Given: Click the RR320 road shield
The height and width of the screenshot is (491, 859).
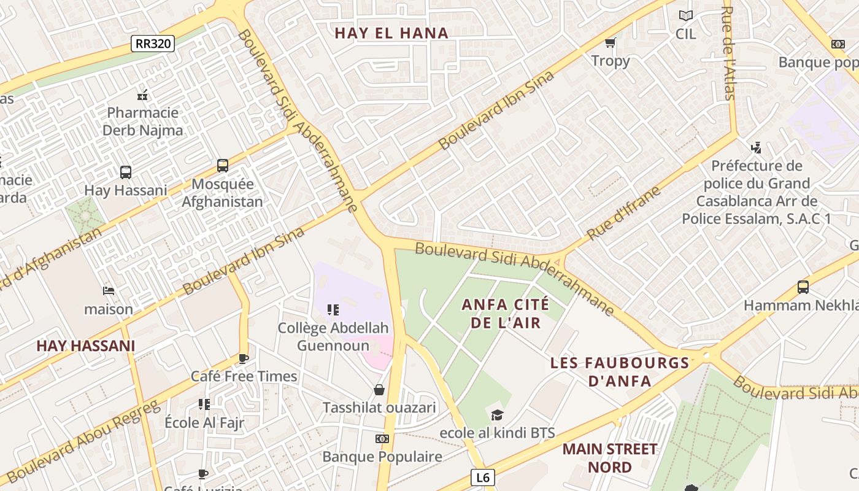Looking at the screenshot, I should (x=153, y=44).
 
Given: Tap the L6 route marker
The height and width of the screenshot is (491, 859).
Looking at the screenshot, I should (x=482, y=477).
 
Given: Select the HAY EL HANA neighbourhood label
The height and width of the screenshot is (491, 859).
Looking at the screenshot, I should (x=391, y=33).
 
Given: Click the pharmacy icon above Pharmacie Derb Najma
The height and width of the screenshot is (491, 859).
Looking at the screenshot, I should (x=142, y=95).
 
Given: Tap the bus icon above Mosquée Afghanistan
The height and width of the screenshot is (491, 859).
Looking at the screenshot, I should (x=223, y=166).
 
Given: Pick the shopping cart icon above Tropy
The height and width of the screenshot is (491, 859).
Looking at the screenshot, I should (x=610, y=42).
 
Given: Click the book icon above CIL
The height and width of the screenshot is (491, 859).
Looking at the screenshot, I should (x=685, y=15).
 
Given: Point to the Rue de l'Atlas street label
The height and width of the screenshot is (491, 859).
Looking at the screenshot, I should (x=728, y=53).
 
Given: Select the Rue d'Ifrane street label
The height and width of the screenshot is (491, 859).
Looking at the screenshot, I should (x=623, y=212).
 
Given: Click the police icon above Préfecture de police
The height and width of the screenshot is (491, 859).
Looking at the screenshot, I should (x=756, y=147).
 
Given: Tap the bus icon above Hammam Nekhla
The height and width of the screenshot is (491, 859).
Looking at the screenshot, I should (x=803, y=287).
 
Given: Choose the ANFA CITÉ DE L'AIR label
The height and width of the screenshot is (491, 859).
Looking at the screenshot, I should (x=506, y=313).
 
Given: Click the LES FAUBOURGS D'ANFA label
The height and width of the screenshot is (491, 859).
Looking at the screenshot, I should (x=620, y=371).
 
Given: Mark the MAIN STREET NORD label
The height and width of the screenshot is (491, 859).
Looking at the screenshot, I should (x=610, y=458).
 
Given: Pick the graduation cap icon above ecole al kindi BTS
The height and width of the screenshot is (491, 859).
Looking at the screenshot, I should (x=497, y=415).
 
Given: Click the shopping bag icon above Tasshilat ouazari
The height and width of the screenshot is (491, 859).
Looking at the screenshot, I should (x=379, y=390).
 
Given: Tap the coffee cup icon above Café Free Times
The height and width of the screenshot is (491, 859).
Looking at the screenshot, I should (x=244, y=358).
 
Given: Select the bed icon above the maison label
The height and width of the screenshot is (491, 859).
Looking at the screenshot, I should (x=109, y=290).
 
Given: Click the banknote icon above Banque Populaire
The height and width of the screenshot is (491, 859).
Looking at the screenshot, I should (x=382, y=439).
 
